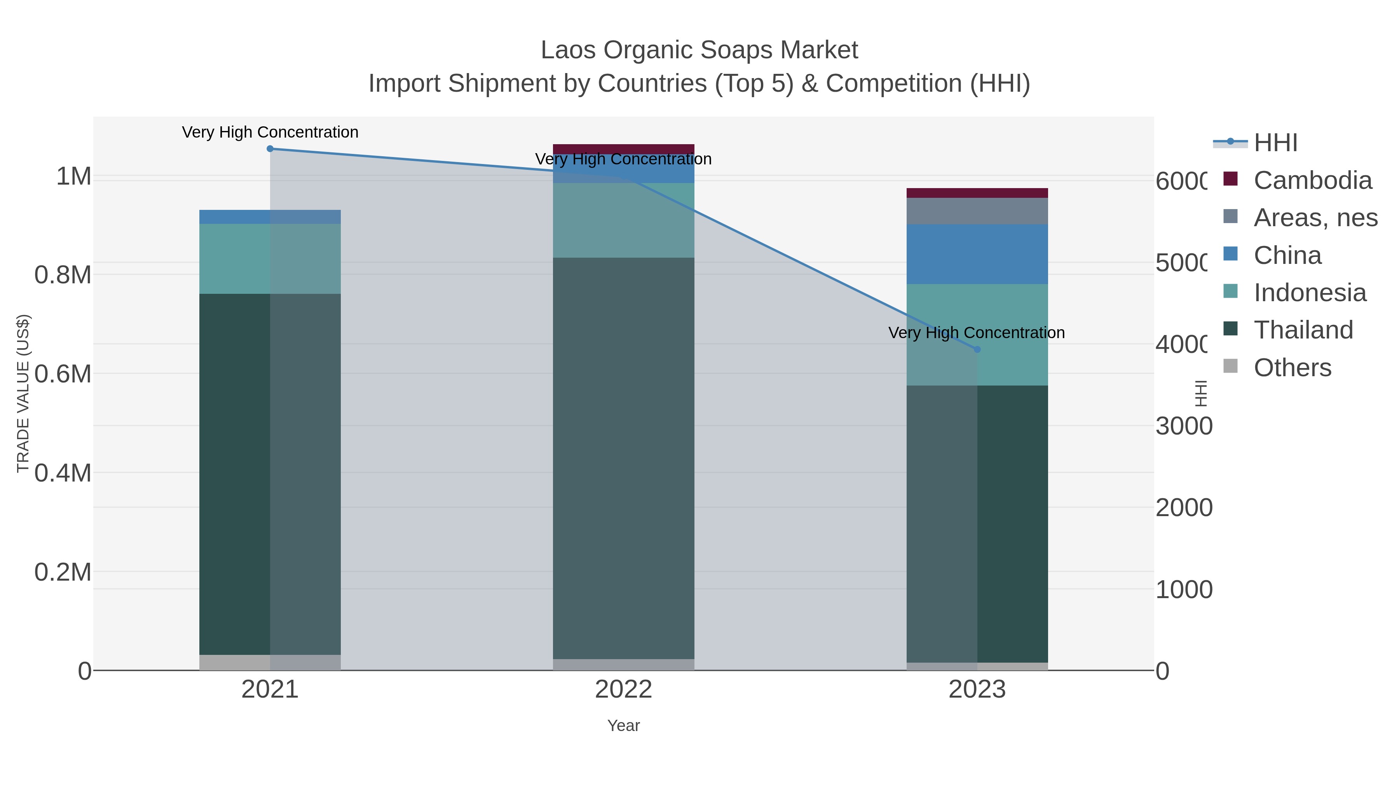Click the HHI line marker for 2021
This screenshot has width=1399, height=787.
[x=270, y=149]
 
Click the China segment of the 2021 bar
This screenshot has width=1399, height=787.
[x=270, y=217]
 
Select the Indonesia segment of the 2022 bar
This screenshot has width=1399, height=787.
[x=623, y=220]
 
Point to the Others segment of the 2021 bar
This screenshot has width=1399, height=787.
[x=270, y=662]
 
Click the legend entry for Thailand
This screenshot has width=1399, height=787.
[x=1303, y=330]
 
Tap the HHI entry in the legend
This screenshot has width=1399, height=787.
[x=1275, y=143]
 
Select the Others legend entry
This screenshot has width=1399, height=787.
[x=1292, y=368]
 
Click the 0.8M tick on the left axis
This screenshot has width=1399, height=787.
[x=63, y=275]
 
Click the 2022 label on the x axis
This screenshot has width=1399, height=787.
[x=623, y=690]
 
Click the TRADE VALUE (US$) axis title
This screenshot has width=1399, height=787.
[x=23, y=393]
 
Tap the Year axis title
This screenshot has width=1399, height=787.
[x=623, y=726]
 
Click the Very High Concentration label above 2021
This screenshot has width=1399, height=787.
[x=270, y=133]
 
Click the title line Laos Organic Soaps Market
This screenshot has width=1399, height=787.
[x=699, y=50]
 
